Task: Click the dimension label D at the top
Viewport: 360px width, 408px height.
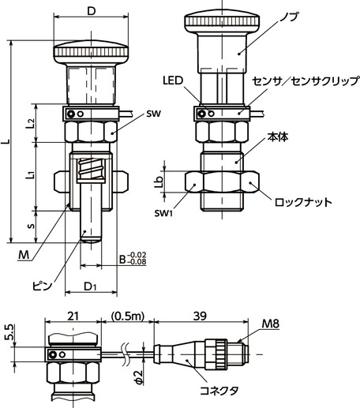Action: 92,11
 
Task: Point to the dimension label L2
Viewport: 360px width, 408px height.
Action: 29,123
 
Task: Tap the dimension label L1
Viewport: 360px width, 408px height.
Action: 29,173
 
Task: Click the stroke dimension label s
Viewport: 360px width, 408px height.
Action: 30,226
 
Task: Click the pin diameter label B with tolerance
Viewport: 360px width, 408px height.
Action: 131,257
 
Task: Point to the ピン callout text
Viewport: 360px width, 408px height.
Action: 43,286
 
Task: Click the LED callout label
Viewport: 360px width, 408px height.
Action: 173,80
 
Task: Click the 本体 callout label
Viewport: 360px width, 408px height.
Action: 278,136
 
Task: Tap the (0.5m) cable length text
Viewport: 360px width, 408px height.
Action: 126,316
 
